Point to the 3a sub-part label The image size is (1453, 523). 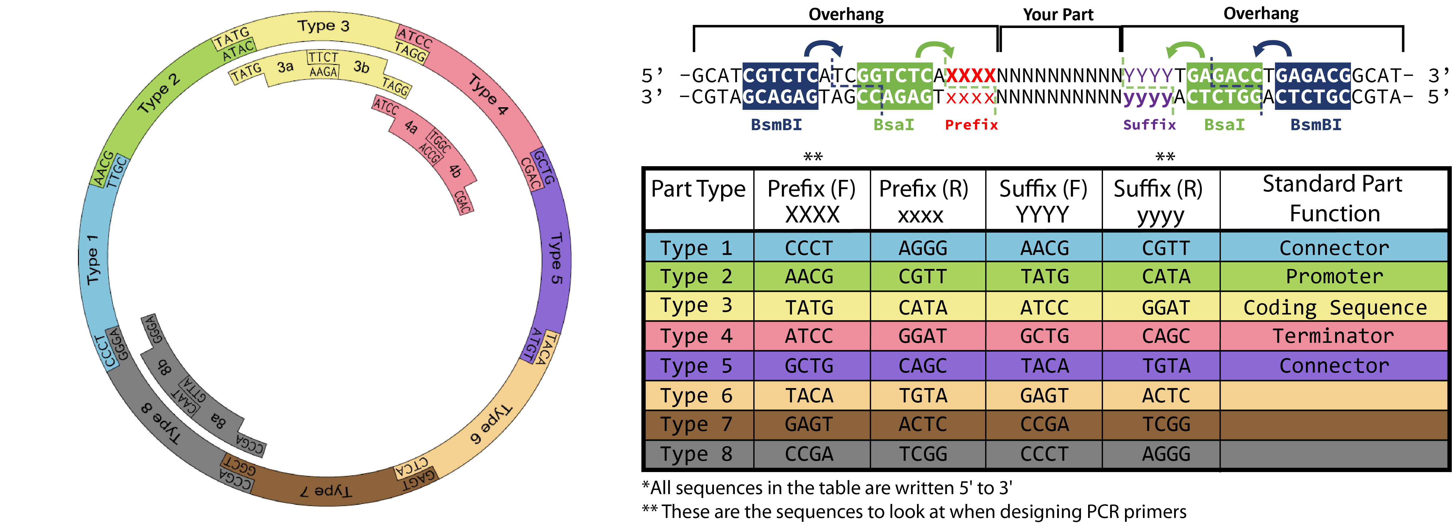coord(285,67)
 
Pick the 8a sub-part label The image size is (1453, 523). coord(218,419)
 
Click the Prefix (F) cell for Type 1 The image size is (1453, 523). coord(809,248)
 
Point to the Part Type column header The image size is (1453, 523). coord(698,189)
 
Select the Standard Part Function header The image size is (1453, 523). coord(1332,199)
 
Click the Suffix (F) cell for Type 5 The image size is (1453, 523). coord(1044,365)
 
